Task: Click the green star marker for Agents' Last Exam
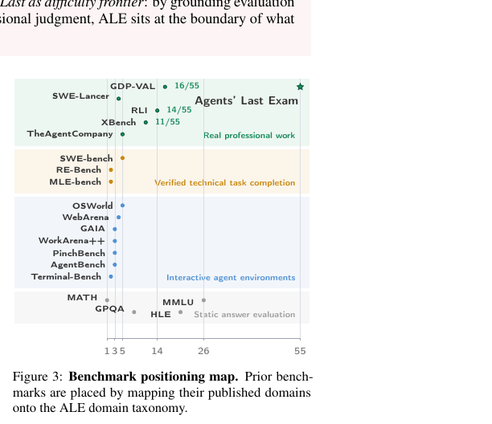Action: pyautogui.click(x=301, y=87)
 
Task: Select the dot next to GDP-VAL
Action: pyautogui.click(x=165, y=87)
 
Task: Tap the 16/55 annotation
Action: pyautogui.click(x=187, y=86)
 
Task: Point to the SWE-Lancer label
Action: pyautogui.click(x=80, y=96)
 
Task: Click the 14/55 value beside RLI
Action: pyautogui.click(x=178, y=110)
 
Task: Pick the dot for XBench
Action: pyautogui.click(x=146, y=122)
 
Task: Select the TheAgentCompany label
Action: pyautogui.click(x=70, y=134)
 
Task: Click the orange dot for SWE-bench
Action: pyautogui.click(x=122, y=158)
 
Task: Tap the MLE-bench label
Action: pyautogui.click(x=76, y=181)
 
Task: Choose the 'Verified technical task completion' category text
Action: pyautogui.click(x=224, y=183)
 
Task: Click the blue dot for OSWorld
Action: pyautogui.click(x=122, y=206)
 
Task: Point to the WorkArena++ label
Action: pyautogui.click(x=72, y=241)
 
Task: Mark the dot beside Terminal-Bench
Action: pyautogui.click(x=111, y=277)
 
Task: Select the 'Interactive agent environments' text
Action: pyautogui.click(x=231, y=278)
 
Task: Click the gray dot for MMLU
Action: pyautogui.click(x=203, y=300)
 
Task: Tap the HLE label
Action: pyautogui.click(x=161, y=314)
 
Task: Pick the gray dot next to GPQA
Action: pyautogui.click(x=134, y=312)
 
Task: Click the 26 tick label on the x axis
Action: pyautogui.click(x=203, y=351)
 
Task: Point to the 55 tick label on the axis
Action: pyautogui.click(x=300, y=351)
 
